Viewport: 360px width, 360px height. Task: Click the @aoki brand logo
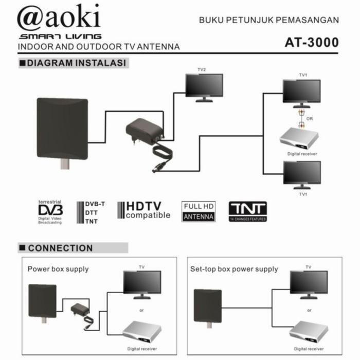pyautogui.click(x=59, y=18)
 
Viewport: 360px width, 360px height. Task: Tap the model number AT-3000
pyautogui.click(x=312, y=42)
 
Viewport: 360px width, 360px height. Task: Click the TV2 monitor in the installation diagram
pyautogui.click(x=204, y=86)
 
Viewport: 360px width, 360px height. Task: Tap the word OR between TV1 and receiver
pyautogui.click(x=310, y=119)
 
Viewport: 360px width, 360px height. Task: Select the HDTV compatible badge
pyautogui.click(x=143, y=210)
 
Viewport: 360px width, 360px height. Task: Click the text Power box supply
pyautogui.click(x=58, y=269)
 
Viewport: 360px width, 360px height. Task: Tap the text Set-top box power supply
pyautogui.click(x=234, y=269)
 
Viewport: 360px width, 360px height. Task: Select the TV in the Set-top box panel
pyautogui.click(x=309, y=283)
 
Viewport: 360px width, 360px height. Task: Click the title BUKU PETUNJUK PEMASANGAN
pyautogui.click(x=269, y=21)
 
